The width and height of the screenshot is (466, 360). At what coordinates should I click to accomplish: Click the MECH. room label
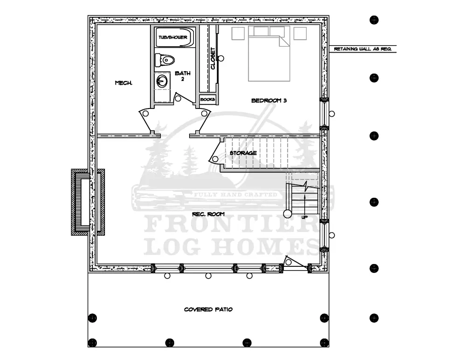point(123,83)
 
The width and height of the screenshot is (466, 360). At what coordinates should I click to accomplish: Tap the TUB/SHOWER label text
point(173,37)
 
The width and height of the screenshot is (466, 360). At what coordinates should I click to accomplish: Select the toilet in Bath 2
point(164,60)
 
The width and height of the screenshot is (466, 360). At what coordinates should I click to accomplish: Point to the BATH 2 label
point(183,76)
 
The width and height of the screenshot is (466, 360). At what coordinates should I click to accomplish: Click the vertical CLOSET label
point(212,59)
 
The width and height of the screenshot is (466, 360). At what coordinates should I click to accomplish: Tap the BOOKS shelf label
point(207,99)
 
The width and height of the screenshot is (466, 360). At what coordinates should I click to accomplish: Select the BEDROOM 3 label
point(269,101)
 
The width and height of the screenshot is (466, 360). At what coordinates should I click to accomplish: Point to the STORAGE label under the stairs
point(243,153)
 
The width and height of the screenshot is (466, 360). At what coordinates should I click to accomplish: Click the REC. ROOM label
point(208,214)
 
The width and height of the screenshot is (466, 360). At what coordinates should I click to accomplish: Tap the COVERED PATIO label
point(208,310)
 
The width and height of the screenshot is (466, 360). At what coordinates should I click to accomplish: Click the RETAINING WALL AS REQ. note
point(363,49)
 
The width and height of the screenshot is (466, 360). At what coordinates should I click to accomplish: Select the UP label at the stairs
point(305,217)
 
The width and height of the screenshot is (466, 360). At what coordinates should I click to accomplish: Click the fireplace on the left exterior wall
point(88,202)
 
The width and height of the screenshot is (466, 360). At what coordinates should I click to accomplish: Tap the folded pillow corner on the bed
point(284,41)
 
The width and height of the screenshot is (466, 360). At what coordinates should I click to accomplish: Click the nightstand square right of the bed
point(300,33)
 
